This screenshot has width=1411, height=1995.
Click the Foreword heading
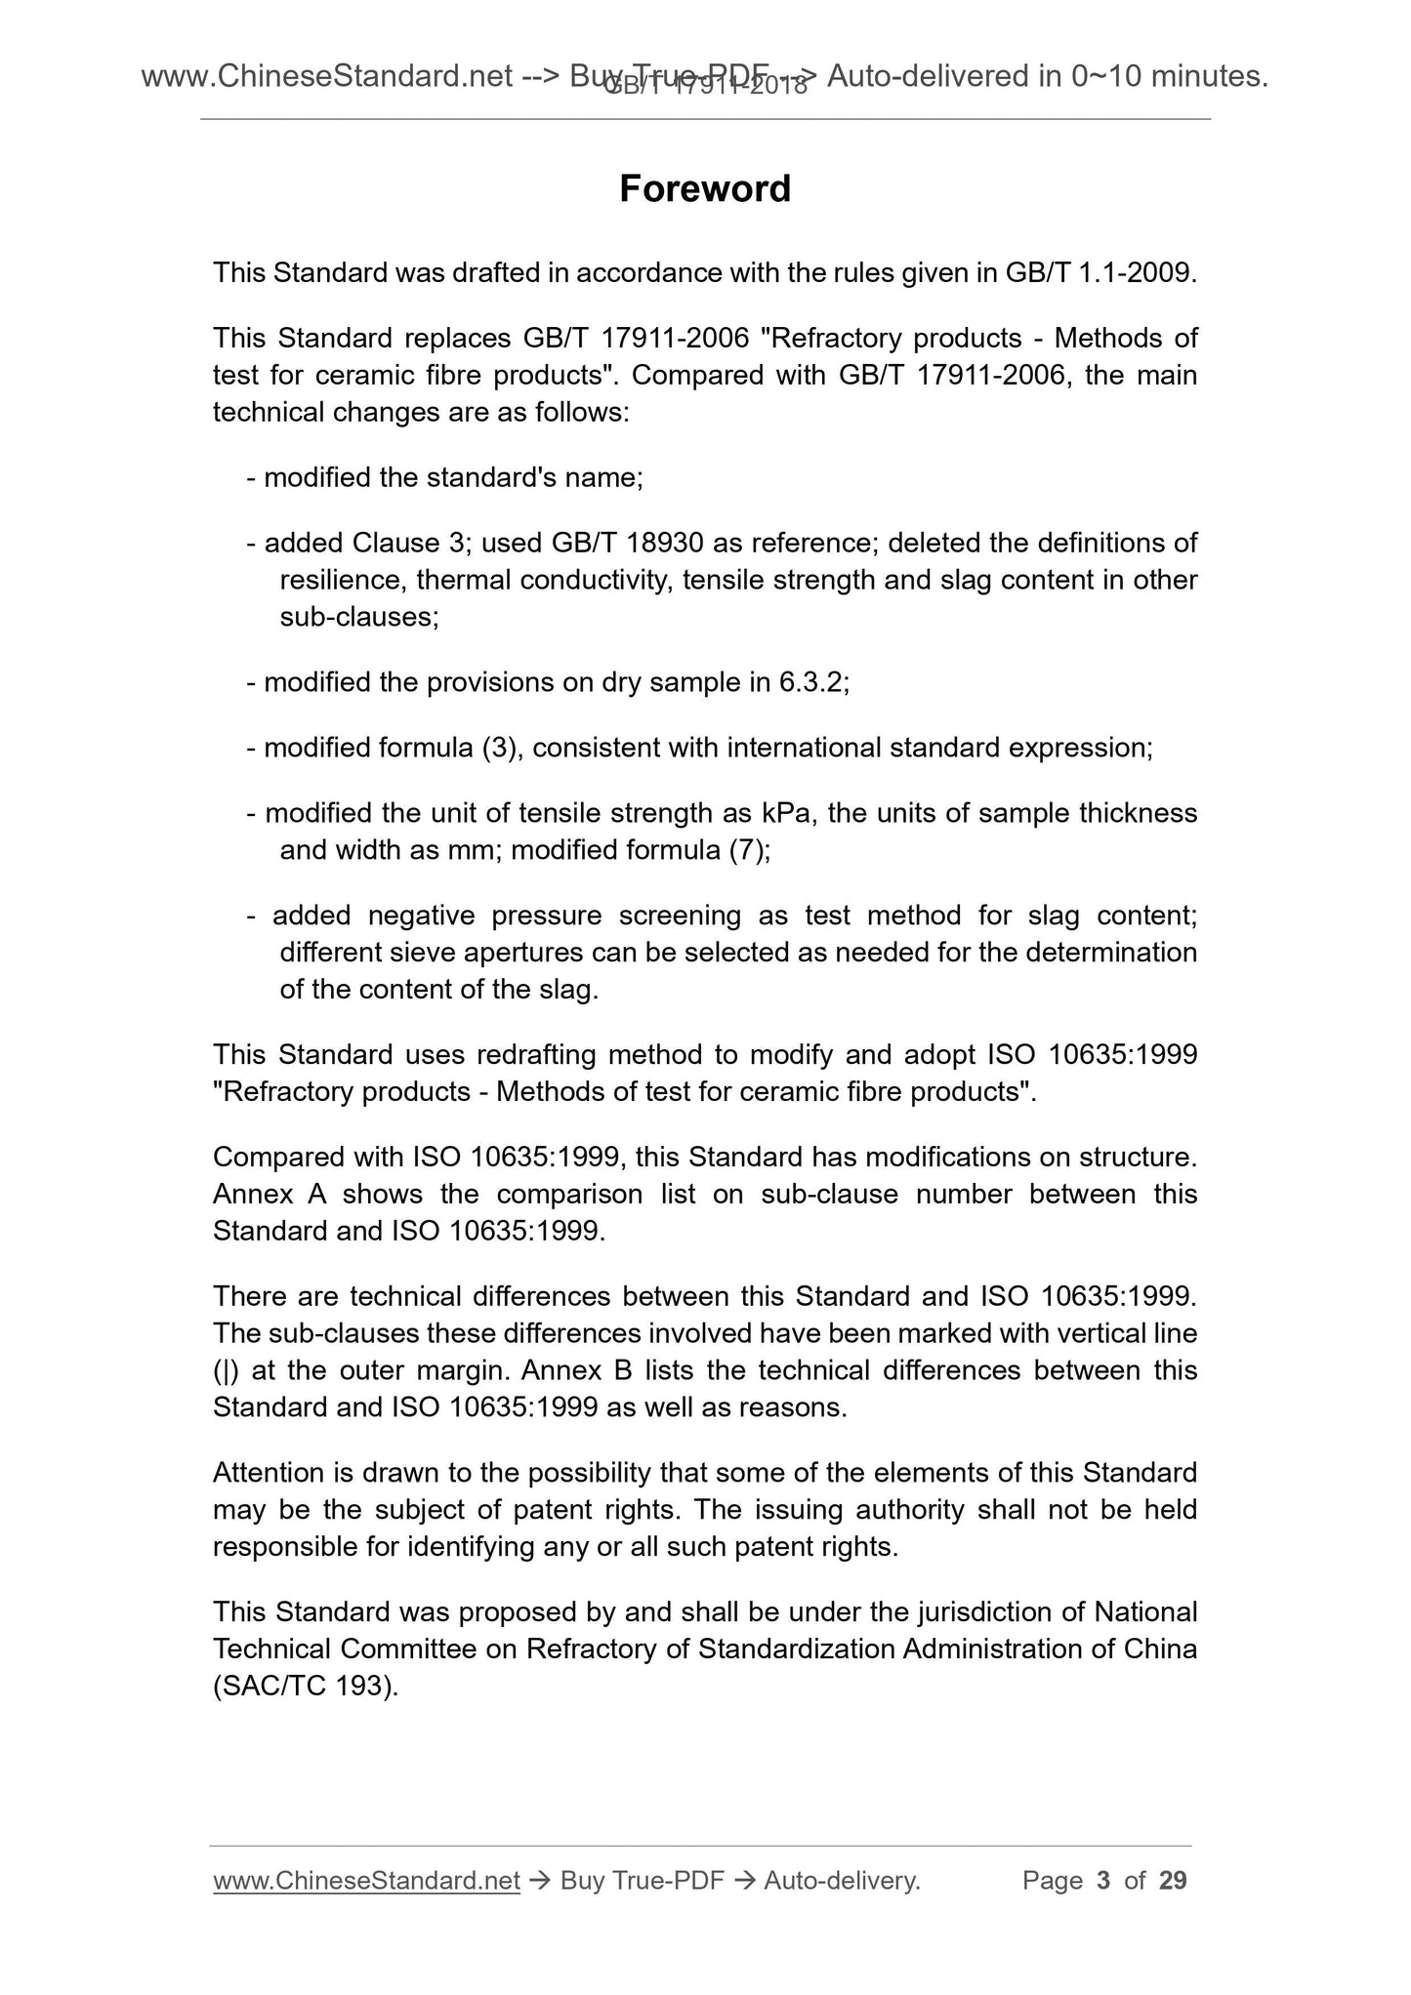[x=705, y=189]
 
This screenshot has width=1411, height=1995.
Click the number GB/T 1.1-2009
[x=1097, y=273]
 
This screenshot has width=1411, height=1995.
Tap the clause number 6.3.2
[x=810, y=682]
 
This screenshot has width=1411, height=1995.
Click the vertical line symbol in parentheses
[x=226, y=1370]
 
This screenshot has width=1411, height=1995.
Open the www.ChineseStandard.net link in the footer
[x=366, y=1881]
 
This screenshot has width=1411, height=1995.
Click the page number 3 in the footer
[x=1103, y=1881]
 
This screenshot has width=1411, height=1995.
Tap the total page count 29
[x=1172, y=1881]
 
